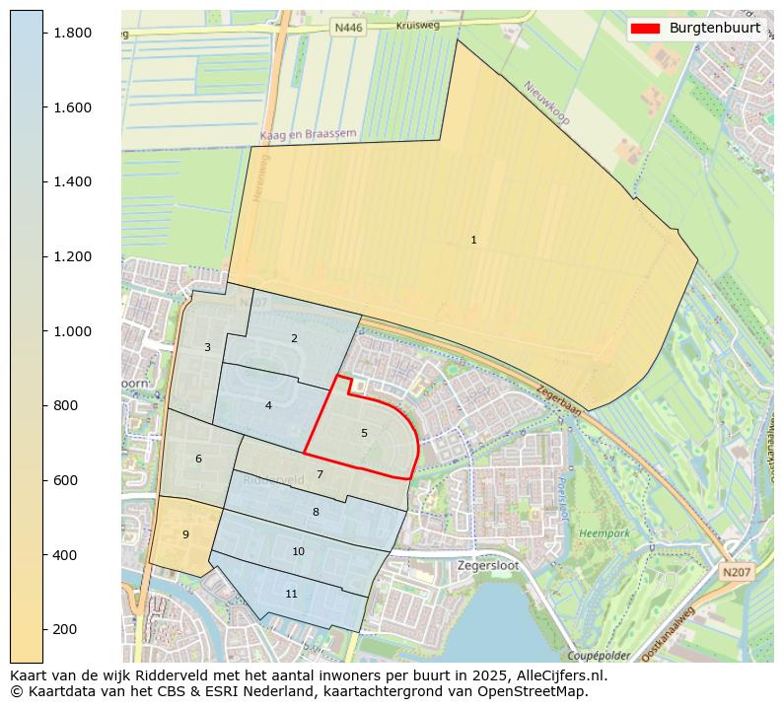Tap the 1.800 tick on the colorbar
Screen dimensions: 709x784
(x=71, y=33)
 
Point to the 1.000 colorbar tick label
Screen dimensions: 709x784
(x=71, y=331)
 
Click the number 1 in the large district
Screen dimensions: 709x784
(x=473, y=240)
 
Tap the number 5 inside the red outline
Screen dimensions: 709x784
(x=364, y=433)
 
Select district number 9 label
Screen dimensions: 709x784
(x=185, y=534)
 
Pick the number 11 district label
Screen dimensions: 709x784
(x=291, y=594)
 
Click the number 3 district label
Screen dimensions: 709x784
(x=207, y=347)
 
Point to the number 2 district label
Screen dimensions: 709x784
(x=294, y=338)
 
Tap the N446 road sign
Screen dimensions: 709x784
(x=348, y=29)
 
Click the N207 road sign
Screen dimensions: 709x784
(x=735, y=572)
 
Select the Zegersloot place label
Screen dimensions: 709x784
(x=488, y=566)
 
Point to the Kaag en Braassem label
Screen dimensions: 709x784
(x=308, y=134)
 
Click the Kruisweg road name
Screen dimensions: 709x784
(x=417, y=26)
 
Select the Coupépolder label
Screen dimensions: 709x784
(x=599, y=656)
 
